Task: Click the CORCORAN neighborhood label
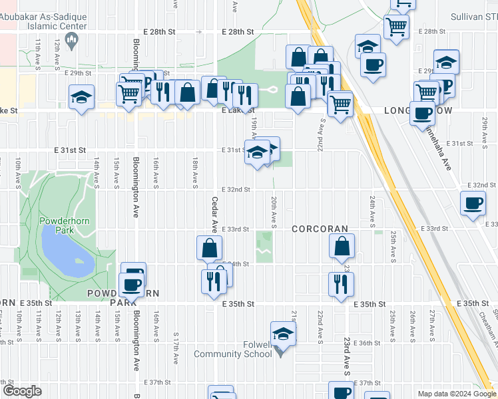[320, 229]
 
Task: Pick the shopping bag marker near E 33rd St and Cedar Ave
[210, 248]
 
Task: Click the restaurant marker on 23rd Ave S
[341, 284]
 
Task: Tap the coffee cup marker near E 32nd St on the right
[473, 203]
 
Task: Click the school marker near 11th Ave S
[81, 97]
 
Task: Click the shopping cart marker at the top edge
[403, 4]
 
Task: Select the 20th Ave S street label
[274, 209]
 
